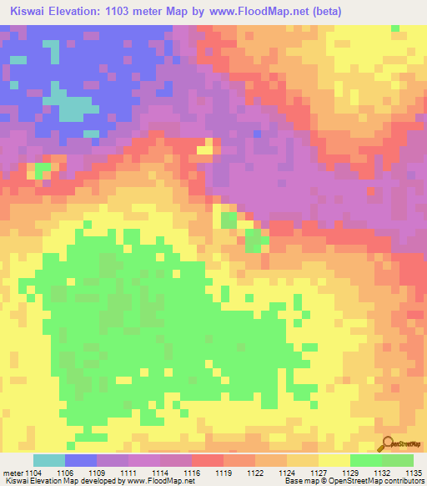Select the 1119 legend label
[x=224, y=472]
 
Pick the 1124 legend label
[x=287, y=472]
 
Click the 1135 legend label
[x=413, y=472]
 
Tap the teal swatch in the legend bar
[x=49, y=460]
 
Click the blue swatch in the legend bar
[x=81, y=460]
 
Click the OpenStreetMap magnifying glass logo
[x=388, y=445]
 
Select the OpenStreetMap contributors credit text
[x=383, y=482]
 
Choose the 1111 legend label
[x=128, y=472]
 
